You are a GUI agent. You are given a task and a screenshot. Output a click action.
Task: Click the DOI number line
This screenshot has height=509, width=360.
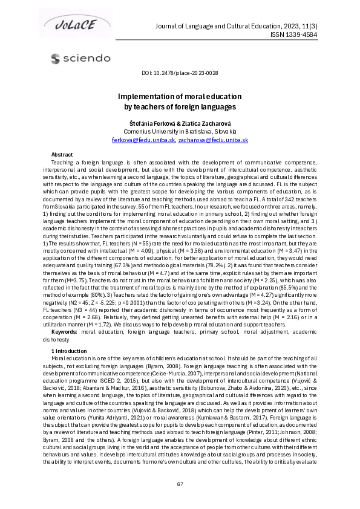[180, 73]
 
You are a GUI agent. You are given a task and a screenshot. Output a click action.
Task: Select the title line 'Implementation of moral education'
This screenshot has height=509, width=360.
[180, 97]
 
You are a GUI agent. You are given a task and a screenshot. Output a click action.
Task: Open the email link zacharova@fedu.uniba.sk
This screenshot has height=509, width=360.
[213, 140]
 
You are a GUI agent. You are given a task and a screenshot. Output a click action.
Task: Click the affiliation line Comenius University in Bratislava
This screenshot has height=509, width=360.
[180, 131]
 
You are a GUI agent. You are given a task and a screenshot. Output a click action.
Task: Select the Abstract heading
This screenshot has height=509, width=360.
[62, 155]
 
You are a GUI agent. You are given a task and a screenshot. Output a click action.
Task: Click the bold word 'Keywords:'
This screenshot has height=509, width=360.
[65, 332]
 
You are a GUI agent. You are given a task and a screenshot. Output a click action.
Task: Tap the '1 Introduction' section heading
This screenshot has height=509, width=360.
[69, 351]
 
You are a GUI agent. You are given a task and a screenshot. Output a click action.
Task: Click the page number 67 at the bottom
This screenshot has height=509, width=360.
[180, 484]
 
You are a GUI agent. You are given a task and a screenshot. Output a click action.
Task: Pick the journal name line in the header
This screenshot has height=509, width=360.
[254, 25]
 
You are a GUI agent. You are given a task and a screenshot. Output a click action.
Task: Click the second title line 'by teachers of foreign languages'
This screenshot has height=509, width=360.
[180, 107]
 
